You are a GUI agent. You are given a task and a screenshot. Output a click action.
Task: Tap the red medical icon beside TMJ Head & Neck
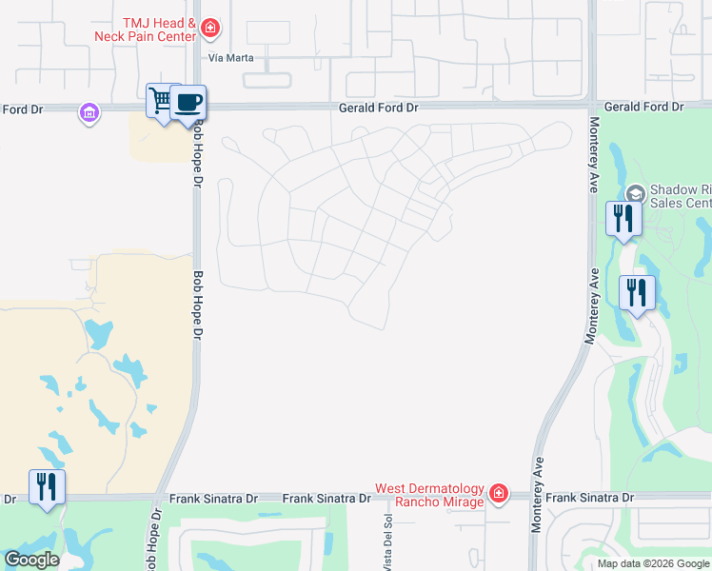(x=211, y=30)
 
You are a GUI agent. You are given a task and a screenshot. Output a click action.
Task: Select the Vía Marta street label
(x=227, y=56)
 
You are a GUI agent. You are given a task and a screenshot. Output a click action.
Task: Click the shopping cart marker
(x=160, y=100)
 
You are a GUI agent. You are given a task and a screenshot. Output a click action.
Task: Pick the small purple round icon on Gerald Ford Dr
(x=89, y=113)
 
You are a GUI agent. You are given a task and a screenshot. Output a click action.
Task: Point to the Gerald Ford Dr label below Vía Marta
(x=379, y=108)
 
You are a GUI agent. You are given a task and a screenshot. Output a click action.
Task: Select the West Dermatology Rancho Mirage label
(x=429, y=495)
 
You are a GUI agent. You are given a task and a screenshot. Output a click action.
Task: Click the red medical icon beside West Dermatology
(x=498, y=493)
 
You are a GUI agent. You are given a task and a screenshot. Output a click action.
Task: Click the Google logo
(x=31, y=560)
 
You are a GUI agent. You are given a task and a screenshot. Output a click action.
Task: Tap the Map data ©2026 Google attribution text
(x=653, y=563)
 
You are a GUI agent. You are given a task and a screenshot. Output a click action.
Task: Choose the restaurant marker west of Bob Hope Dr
(x=47, y=486)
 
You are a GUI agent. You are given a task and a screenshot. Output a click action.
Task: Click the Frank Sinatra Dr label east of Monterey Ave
(x=589, y=498)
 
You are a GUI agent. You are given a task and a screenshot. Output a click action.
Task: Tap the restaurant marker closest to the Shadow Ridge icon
(x=623, y=218)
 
